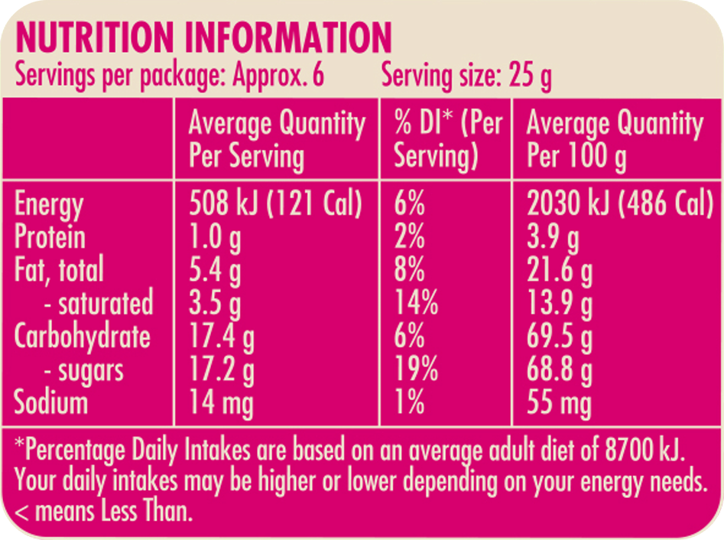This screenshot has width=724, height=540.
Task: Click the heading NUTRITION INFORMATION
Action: pyautogui.click(x=203, y=37)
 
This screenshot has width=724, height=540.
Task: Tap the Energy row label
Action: pyautogui.click(x=49, y=205)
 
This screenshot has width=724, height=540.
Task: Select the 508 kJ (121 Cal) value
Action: pyautogui.click(x=274, y=204)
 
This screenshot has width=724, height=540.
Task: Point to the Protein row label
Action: pyautogui.click(x=50, y=237)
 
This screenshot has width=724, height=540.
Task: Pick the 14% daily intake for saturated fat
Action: pyautogui.click(x=416, y=304)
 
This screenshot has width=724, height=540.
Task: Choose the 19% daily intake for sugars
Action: pyautogui.click(x=416, y=370)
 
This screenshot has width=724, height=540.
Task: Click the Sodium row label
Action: pyautogui.click(x=51, y=403)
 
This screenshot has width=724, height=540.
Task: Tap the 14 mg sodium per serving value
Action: pyautogui.click(x=221, y=403)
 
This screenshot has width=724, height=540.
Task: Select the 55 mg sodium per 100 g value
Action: pyautogui.click(x=559, y=403)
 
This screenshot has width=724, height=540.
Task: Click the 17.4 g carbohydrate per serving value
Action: pyautogui.click(x=222, y=337)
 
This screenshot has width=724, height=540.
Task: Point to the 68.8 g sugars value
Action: pyautogui.click(x=559, y=370)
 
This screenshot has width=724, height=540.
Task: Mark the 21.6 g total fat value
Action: pyautogui.click(x=559, y=271)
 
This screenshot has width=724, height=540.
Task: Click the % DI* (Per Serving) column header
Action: pyautogui.click(x=446, y=140)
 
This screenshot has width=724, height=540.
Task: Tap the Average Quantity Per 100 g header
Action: pyautogui.click(x=614, y=140)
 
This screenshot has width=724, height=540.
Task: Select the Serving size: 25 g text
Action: pyautogui.click(x=466, y=77)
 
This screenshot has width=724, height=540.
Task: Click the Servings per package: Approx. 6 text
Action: pyautogui.click(x=170, y=77)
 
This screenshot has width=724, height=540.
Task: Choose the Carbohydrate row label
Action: pyautogui.click(x=83, y=337)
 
